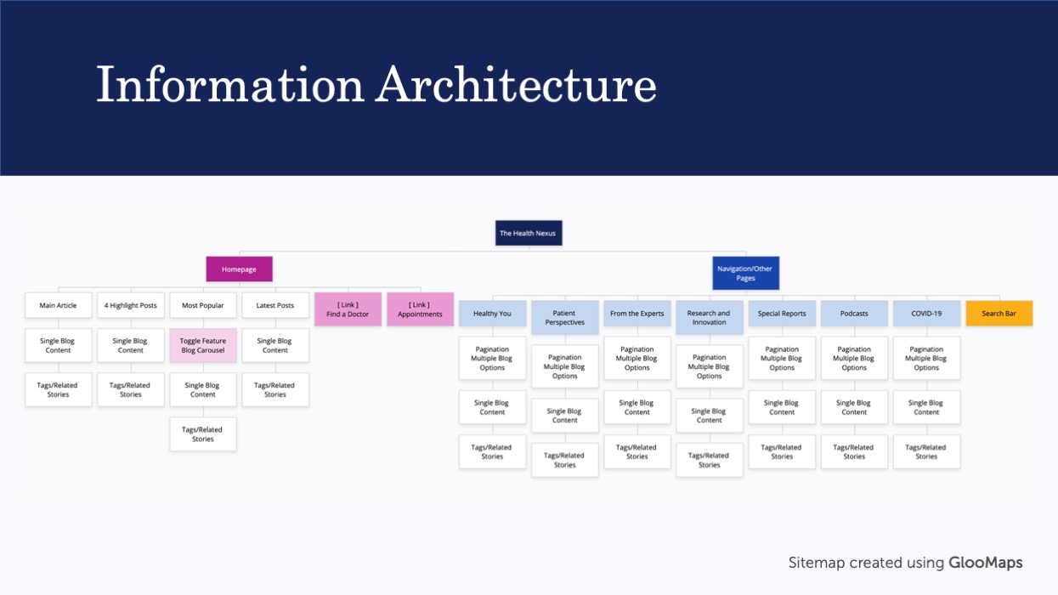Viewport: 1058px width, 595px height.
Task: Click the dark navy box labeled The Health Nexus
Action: (529, 233)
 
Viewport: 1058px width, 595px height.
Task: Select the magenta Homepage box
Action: (239, 269)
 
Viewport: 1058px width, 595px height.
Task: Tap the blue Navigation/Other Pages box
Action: (745, 274)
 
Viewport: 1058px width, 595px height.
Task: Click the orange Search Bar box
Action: (999, 314)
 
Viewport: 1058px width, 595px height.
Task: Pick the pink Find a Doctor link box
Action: (348, 309)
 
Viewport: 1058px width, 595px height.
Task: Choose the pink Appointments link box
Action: (420, 309)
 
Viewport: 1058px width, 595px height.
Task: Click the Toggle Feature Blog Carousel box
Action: (203, 345)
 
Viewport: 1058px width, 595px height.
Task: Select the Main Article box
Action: (59, 305)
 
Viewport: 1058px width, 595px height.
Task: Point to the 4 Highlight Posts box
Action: (131, 305)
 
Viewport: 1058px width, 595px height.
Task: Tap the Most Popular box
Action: (203, 305)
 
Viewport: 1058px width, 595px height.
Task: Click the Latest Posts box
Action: (275, 305)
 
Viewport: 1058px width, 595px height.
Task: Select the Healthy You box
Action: (493, 314)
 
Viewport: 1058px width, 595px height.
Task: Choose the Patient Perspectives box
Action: (565, 317)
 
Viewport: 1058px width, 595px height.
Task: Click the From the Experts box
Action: (637, 314)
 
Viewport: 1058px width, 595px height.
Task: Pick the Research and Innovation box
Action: (710, 317)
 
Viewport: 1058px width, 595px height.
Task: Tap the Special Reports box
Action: (782, 314)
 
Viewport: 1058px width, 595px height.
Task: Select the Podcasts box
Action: (854, 314)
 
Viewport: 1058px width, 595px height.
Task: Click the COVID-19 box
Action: (926, 314)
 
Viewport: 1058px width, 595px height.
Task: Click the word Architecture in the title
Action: (516, 85)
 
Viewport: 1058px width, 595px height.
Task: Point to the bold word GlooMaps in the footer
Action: (986, 563)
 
